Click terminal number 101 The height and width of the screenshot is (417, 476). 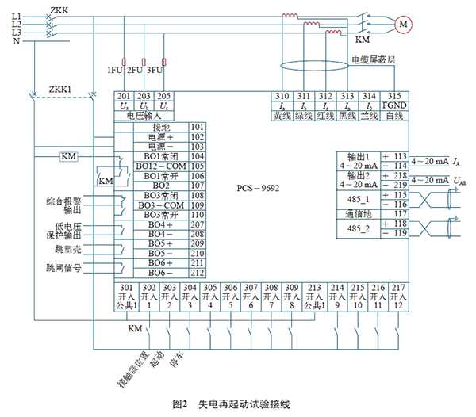click(198, 127)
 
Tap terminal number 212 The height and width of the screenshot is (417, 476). click(198, 272)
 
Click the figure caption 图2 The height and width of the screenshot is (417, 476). click(179, 404)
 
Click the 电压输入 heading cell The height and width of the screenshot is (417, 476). click(142, 115)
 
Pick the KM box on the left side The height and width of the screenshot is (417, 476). click(68, 156)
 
